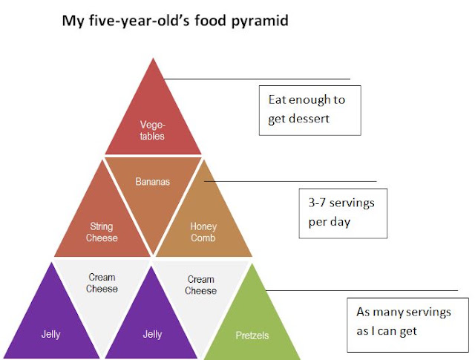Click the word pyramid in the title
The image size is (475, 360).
(260, 22)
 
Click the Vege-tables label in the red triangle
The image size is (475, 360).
(152, 131)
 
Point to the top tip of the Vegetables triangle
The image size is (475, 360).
(154, 58)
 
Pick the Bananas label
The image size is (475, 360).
(152, 182)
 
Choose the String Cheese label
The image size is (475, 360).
(102, 232)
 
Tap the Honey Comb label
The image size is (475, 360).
(203, 232)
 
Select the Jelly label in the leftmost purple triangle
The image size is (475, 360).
(51, 334)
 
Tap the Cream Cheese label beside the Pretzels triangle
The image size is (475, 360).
(201, 285)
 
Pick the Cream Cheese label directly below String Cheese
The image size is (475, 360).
(102, 283)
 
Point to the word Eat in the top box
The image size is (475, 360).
(276, 99)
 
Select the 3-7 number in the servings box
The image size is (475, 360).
(317, 203)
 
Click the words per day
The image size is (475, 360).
(330, 222)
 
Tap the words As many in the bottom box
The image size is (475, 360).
(379, 312)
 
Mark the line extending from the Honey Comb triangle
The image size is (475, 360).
(290, 182)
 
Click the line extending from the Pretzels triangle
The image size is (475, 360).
(361, 290)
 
